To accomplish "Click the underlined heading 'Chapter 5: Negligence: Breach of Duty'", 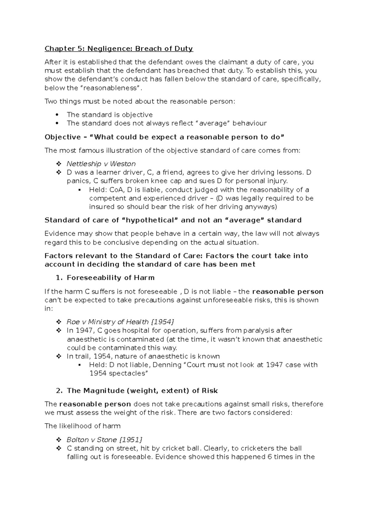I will click(x=119, y=49).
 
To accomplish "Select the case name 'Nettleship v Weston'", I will click(x=101, y=164).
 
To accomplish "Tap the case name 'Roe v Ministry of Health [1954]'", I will click(x=120, y=322).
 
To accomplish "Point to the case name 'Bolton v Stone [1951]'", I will click(x=105, y=440).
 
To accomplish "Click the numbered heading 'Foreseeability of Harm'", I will click(x=110, y=278).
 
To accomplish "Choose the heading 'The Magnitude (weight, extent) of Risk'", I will click(x=142, y=391).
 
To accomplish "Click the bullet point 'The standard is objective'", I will click(x=109, y=115).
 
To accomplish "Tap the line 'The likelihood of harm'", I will click(x=82, y=426).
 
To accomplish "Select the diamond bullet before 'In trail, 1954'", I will click(x=59, y=357).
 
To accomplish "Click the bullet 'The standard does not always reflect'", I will click(x=166, y=123).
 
